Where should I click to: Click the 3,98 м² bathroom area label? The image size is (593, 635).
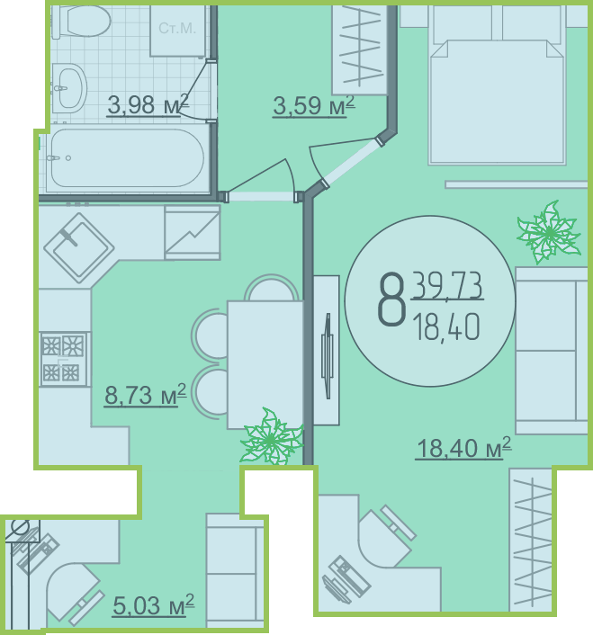148,105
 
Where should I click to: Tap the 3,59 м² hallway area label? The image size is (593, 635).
314,106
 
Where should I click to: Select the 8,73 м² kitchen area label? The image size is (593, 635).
146,395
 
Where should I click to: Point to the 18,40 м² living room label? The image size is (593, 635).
463,448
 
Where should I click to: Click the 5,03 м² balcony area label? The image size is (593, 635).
154,605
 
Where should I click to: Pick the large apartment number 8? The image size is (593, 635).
391,300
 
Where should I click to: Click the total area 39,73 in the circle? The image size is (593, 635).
447,286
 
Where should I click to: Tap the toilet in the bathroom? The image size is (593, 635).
82,21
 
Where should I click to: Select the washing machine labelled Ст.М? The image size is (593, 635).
177,31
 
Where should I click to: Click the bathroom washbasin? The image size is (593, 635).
69,88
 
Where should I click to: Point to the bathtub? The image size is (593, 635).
126,158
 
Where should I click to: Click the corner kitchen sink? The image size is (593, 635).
78,248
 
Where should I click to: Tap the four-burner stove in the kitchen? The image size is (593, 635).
64,359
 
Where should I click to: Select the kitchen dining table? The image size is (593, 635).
265,364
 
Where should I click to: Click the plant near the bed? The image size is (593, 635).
549,232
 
